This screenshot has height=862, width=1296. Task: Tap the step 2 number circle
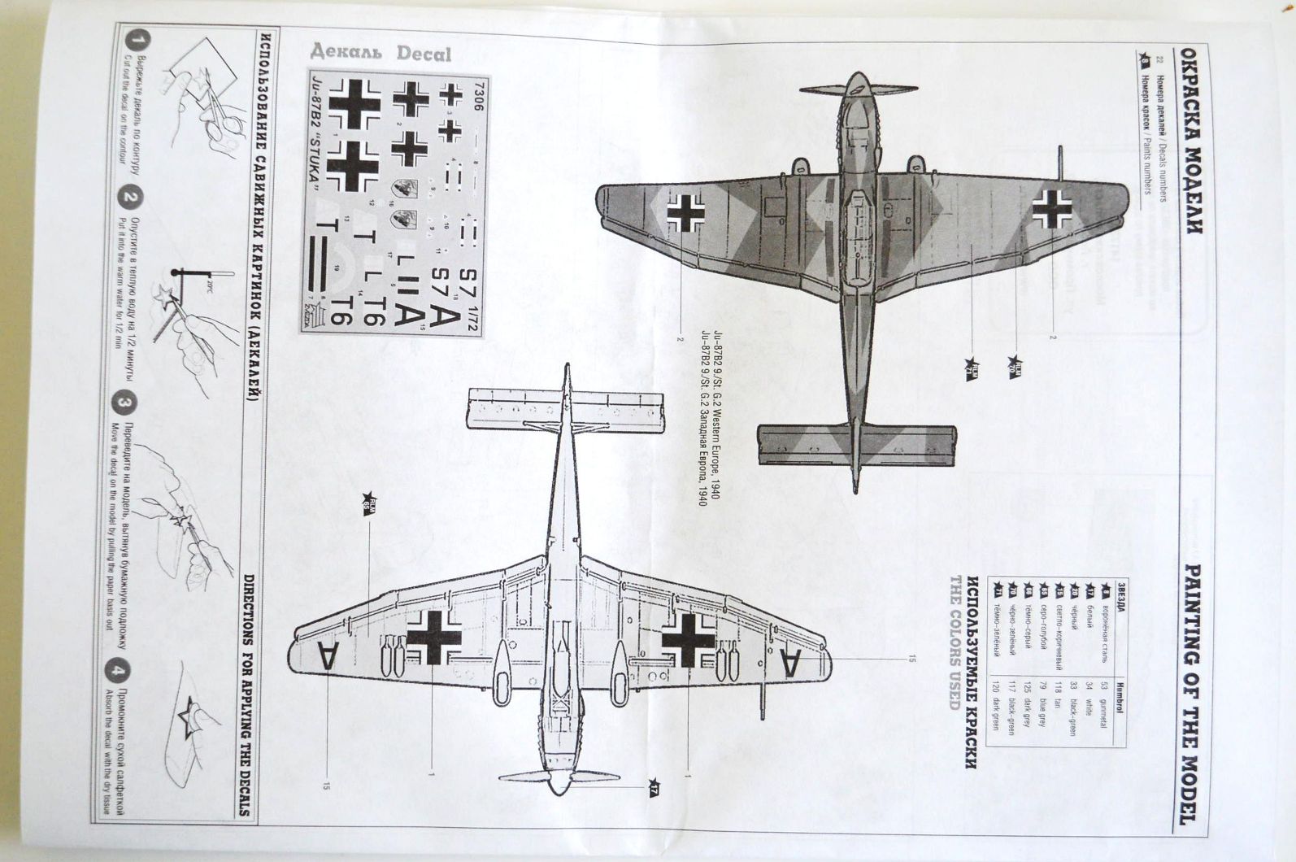point(130,198)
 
